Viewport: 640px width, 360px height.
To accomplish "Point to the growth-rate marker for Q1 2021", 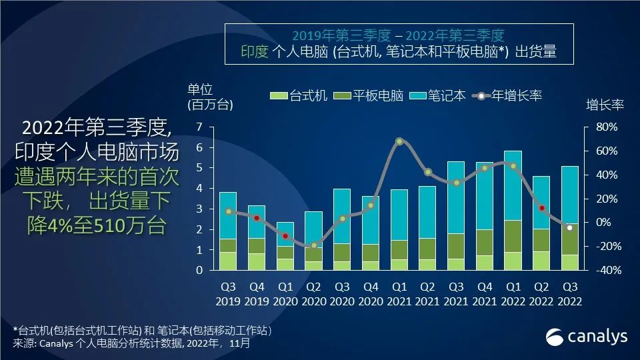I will (x=399, y=141).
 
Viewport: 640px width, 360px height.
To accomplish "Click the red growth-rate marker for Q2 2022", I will (x=542, y=208).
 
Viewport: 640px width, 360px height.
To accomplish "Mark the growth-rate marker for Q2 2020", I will (x=314, y=246).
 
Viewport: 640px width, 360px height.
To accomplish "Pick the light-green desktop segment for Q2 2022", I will (x=541, y=261).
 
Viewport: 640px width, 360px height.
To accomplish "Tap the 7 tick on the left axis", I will (x=199, y=127).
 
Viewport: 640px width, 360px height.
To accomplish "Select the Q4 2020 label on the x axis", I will (x=371, y=295).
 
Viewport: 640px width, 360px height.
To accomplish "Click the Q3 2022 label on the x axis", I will (x=570, y=295).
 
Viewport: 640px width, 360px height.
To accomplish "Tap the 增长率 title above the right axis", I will (x=604, y=105).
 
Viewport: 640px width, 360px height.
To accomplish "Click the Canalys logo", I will (x=587, y=337).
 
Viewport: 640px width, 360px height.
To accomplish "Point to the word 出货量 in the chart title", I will (x=536, y=51).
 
